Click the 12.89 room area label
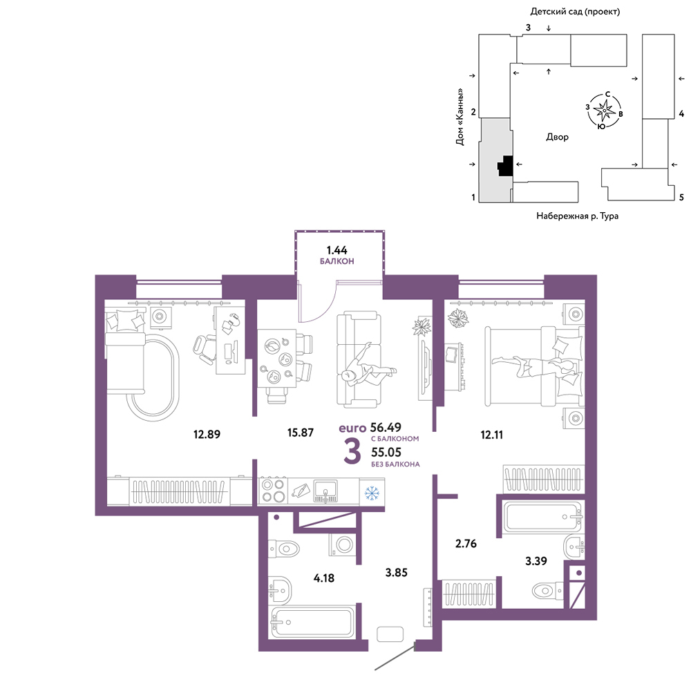coord(207,434)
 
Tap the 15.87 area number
coord(301,433)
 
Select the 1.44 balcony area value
coord(337,250)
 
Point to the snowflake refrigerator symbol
coord(372,493)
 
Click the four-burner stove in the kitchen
coord(273,491)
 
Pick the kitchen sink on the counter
coord(325,491)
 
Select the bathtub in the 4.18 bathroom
coord(312,622)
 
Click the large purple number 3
coord(352,452)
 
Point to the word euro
coord(352,428)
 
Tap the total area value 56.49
coord(386,427)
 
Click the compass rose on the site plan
coord(604,110)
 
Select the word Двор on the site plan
coord(557,137)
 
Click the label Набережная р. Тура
coord(577,216)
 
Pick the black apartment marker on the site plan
coord(506,166)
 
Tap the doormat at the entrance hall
coord(390,634)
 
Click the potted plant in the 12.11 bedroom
coord(458,318)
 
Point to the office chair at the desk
coord(205,350)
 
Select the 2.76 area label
coord(466,543)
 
